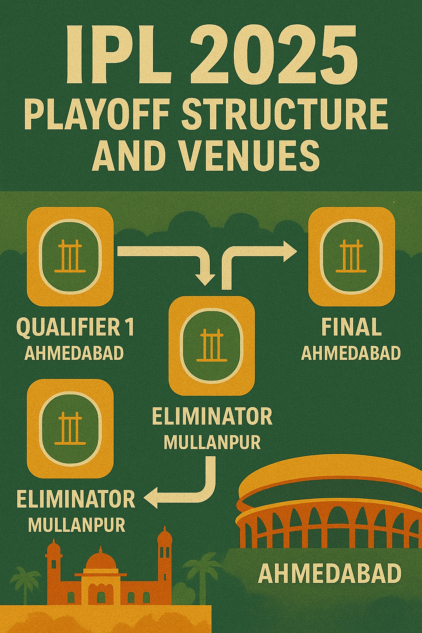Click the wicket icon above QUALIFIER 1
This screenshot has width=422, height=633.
click(70, 256)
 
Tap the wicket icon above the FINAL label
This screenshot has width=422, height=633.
click(352, 256)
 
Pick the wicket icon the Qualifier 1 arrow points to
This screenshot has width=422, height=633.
click(212, 345)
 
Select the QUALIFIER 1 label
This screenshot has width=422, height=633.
click(75, 328)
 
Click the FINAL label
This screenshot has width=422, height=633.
click(351, 328)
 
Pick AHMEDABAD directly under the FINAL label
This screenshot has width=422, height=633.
click(351, 353)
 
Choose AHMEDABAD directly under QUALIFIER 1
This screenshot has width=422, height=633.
click(74, 353)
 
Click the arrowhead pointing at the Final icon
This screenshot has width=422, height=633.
click(289, 251)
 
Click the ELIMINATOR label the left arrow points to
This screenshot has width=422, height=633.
click(76, 499)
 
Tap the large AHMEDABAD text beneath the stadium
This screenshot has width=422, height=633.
click(330, 573)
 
